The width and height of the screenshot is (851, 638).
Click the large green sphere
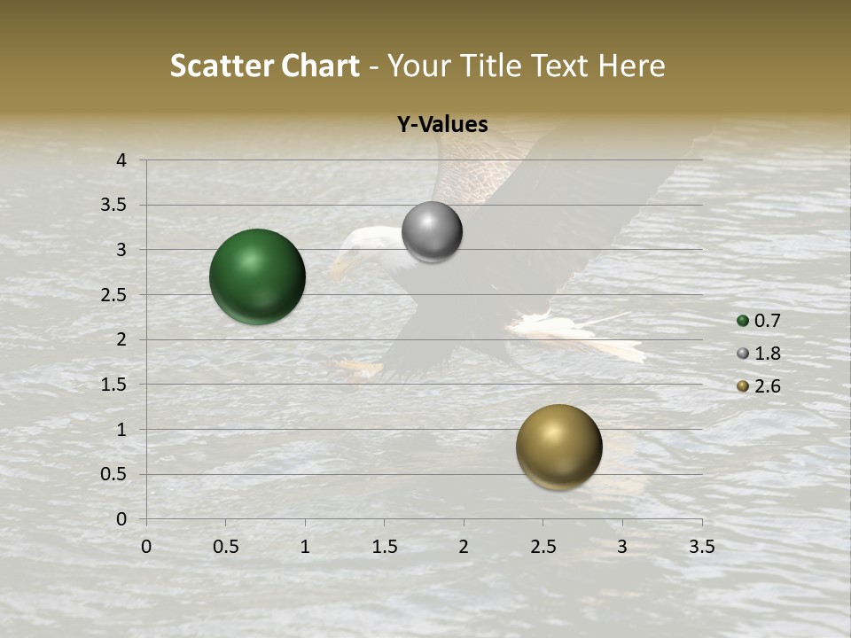[x=257, y=276]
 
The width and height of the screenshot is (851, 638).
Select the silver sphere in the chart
[x=432, y=232]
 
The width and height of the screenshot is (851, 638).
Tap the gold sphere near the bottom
[x=558, y=447]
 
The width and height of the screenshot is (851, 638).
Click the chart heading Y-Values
[x=441, y=125]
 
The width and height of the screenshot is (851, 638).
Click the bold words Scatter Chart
[x=265, y=66]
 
